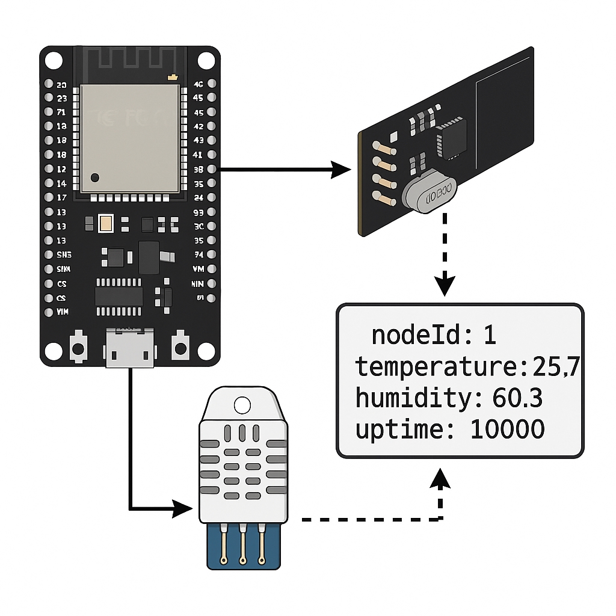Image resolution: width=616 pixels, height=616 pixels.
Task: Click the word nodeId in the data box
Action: point(415,335)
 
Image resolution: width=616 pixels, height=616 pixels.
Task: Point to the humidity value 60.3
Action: point(517,398)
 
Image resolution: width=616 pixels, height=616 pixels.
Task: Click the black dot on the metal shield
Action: point(95,177)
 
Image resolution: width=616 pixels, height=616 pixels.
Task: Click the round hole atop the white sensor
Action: point(242,404)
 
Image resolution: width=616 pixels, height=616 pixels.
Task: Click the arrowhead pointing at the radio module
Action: point(342,170)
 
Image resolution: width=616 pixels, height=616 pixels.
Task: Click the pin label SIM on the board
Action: point(63,268)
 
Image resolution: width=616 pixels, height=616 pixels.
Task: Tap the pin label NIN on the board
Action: point(197,283)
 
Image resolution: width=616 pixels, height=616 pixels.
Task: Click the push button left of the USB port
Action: point(78,347)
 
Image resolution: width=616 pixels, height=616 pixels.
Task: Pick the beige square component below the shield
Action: point(106,224)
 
